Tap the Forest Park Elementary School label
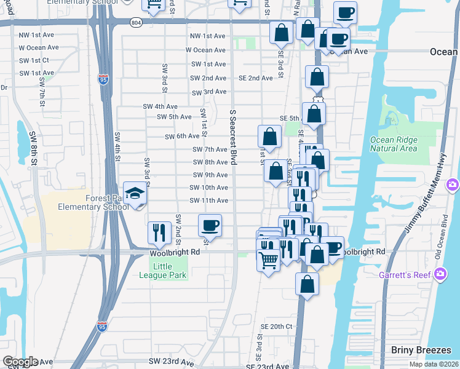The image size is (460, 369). click(x=93, y=202)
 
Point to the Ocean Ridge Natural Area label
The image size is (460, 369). click(x=394, y=144)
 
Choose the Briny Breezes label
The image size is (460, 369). click(x=421, y=350)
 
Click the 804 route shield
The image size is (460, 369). click(x=137, y=22)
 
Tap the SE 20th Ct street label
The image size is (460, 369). click(x=276, y=326)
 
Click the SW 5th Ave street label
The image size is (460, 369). click(x=175, y=117)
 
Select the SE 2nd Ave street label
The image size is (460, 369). click(x=255, y=78)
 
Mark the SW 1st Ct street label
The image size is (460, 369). click(x=34, y=60)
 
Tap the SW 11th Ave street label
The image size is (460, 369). click(x=209, y=200)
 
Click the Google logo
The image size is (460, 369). click(x=20, y=362)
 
